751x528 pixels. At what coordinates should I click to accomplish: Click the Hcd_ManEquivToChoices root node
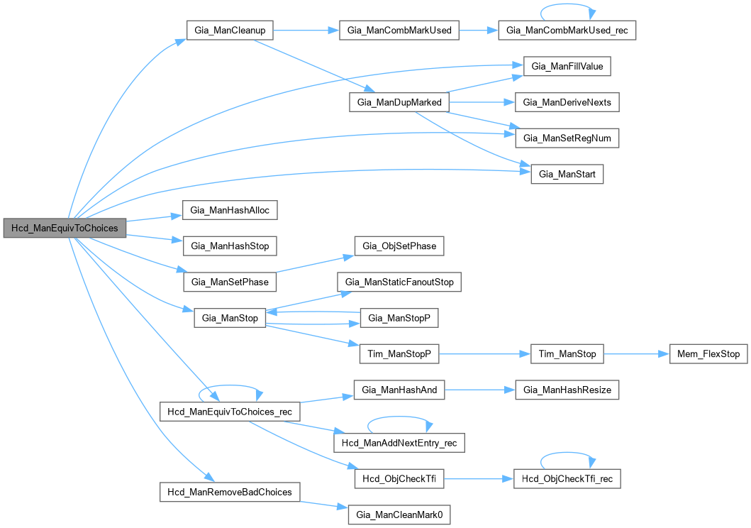(65, 228)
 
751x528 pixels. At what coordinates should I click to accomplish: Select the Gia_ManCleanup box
(229, 31)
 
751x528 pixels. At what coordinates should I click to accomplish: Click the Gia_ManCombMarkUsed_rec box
(567, 31)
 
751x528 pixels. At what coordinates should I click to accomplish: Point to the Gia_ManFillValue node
(567, 67)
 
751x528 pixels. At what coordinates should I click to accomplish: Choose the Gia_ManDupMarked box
(399, 102)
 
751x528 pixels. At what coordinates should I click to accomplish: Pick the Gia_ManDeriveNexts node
(567, 102)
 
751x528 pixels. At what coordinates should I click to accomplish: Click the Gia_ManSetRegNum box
(567, 138)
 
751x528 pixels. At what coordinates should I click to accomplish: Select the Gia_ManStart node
(567, 174)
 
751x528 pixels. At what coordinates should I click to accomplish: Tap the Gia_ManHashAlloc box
(229, 210)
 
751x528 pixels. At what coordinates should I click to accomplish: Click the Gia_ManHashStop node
(229, 246)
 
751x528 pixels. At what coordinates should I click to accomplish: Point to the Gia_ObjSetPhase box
(399, 246)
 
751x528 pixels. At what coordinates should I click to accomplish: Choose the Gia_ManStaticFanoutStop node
(399, 282)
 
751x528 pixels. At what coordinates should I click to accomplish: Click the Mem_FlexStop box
(708, 353)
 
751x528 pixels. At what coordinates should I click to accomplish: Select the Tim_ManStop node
(567, 353)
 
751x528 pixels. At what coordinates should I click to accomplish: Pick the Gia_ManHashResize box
(567, 390)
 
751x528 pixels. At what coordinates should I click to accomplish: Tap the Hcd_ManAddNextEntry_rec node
(399, 443)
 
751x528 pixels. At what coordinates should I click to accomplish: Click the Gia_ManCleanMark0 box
(399, 515)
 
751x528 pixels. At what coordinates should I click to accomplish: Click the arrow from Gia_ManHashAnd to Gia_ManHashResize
(474, 390)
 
